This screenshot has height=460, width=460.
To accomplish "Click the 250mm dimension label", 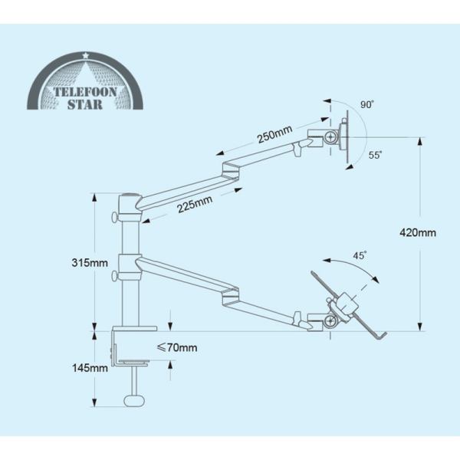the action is [275, 134].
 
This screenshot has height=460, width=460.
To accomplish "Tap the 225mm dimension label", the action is [195, 204].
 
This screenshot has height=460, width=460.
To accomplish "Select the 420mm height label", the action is [418, 232].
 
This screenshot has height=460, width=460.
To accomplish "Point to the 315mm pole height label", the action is [90, 262].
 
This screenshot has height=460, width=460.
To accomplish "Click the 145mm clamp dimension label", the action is [90, 367].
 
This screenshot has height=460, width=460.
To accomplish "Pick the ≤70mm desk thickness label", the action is [177, 347].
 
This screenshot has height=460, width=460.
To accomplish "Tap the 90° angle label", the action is [367, 104].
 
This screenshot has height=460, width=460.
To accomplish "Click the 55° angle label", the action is [375, 155].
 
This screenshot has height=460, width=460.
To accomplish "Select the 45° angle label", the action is [360, 255].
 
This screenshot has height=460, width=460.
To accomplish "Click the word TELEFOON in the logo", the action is [85, 92].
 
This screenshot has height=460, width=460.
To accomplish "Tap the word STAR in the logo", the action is [85, 104].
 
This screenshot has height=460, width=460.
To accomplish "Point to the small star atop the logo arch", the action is [85, 55].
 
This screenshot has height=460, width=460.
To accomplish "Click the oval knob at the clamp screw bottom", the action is [135, 401].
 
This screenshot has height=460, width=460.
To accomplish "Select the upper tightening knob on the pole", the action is [115, 218].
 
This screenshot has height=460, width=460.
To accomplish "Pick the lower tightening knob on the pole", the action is [115, 276].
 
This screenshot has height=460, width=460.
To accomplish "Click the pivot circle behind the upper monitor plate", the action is [331, 137].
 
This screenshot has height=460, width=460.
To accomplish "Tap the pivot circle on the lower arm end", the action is [330, 322].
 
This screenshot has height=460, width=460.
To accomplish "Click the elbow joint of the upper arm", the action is [231, 170].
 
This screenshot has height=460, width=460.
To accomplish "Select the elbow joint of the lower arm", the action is [231, 297].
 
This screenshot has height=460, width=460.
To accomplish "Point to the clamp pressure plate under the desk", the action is [134, 363].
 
